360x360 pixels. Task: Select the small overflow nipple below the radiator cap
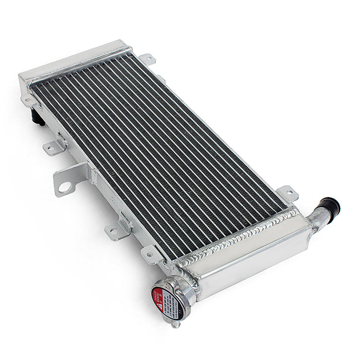pos(176,324)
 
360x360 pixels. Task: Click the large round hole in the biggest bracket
pos(64,187)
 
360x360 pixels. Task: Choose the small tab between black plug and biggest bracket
pos(54,148)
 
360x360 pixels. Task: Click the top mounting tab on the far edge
pos(147,59)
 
